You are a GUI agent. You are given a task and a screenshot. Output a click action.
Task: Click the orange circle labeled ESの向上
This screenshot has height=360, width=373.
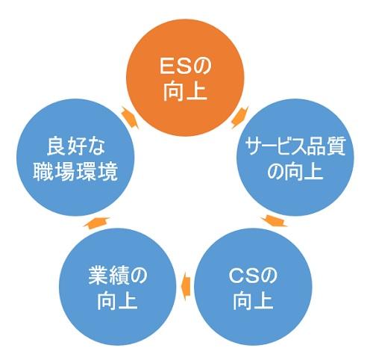click(185, 78)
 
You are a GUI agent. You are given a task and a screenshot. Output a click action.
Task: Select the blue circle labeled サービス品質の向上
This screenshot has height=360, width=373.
click(295, 158)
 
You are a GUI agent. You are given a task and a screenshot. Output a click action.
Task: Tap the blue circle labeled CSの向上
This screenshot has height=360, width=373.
click(253, 287)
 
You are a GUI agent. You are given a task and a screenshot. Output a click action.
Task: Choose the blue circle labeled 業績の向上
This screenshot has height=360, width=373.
click(118, 287)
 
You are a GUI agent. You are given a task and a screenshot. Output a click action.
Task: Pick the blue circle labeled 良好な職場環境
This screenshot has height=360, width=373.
click(75, 158)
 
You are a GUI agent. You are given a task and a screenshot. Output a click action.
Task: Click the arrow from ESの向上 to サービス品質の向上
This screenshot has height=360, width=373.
click(240, 117)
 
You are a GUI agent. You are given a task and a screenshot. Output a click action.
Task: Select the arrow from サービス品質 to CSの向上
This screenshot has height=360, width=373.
click(274, 221)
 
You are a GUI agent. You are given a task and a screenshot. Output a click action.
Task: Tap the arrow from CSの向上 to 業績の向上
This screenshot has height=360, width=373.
click(186, 285)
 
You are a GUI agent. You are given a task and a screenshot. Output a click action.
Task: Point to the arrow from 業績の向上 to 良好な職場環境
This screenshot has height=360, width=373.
click(96, 222)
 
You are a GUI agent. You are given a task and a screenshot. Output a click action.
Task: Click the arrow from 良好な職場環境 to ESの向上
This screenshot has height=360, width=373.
click(130, 117)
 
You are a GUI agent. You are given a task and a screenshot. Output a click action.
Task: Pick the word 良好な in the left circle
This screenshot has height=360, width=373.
click(76, 146)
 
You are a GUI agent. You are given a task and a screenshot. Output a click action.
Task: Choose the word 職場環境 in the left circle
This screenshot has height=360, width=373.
click(75, 172)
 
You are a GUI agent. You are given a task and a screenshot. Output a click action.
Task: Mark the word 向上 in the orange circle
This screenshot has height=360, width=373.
click(185, 91)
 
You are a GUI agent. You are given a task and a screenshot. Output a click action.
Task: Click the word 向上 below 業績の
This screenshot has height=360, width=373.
click(117, 301)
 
